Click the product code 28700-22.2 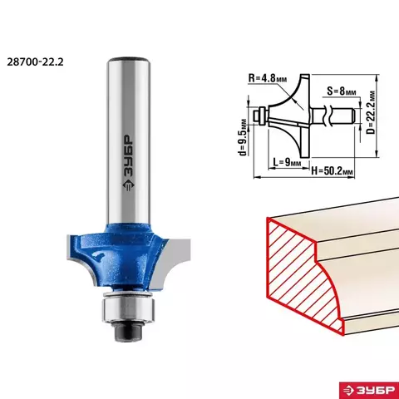coord(35,62)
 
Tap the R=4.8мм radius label coord(268,78)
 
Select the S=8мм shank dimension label coord(342,91)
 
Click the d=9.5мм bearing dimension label coord(243,137)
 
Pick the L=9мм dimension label coord(287,162)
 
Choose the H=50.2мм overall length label coord(332,170)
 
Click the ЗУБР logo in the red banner coord(369,390)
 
